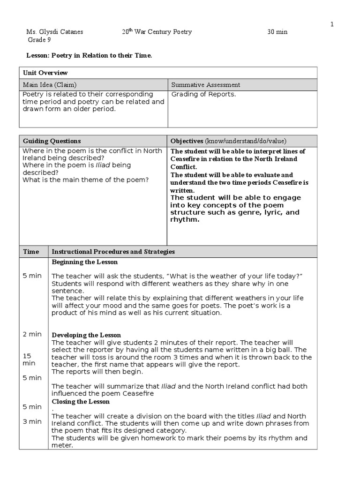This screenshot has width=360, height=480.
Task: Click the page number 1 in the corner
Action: coord(332,24)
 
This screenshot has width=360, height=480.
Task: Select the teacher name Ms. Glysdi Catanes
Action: coord(54,32)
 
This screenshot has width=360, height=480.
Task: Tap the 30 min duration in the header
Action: coord(277,32)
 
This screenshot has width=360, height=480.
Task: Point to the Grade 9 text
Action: coord(38,40)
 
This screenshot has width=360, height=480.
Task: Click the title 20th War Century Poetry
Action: coord(157,32)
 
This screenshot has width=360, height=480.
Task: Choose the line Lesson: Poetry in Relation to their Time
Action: coord(89,55)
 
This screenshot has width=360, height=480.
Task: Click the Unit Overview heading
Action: coord(45,73)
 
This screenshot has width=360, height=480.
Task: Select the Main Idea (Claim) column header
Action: coord(50,85)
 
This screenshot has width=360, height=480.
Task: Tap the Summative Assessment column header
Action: coord(206,85)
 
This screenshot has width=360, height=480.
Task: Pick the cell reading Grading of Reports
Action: coord(203,94)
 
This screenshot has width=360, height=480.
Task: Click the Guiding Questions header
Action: coord(52,141)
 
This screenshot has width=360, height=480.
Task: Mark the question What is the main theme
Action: coord(85,180)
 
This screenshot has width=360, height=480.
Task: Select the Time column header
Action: coord(31,252)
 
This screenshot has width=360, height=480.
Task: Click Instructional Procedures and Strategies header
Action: coord(113,252)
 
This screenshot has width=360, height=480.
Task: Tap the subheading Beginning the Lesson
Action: coord(84,262)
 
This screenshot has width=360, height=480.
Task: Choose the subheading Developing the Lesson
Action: coord(86,335)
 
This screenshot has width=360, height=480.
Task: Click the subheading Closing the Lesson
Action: coord(81,402)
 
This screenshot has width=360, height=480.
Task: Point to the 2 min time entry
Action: coord(32,334)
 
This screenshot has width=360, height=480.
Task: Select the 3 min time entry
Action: coord(32,421)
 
